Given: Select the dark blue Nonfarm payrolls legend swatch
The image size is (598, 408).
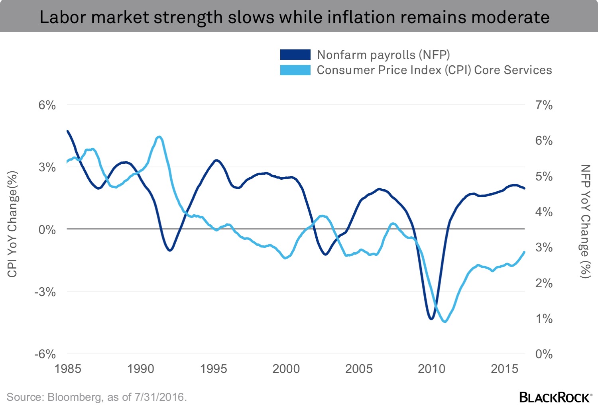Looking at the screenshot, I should tap(295, 55).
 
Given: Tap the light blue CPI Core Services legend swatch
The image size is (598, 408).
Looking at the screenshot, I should tap(295, 70).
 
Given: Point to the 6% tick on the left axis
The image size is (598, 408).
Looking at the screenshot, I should tap(47, 105).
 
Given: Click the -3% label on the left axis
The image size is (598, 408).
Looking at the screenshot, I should tap(45, 292).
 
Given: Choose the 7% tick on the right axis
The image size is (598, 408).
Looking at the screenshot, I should tap(544, 105).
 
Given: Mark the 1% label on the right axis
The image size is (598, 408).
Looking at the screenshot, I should tap(544, 319).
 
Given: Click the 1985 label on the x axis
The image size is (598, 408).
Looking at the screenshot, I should tap(68, 369).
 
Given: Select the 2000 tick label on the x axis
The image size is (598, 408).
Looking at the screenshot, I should tap(286, 369).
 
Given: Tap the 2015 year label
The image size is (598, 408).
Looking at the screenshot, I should tap(504, 369).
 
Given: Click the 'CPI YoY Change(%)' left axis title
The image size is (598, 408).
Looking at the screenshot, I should tap(12, 224).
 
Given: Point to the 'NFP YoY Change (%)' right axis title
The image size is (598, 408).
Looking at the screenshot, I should tap(585, 221).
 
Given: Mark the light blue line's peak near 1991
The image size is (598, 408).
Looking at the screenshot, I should tap(159, 137).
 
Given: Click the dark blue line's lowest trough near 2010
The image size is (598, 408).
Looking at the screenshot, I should tap(431, 319).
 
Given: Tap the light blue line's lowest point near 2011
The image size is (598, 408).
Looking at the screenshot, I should tap(445, 322).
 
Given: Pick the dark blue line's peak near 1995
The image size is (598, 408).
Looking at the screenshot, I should tap(216, 160).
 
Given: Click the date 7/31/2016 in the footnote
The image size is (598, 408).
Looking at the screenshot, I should tap(159, 397).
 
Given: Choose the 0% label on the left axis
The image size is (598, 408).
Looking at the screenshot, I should tap(47, 230).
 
